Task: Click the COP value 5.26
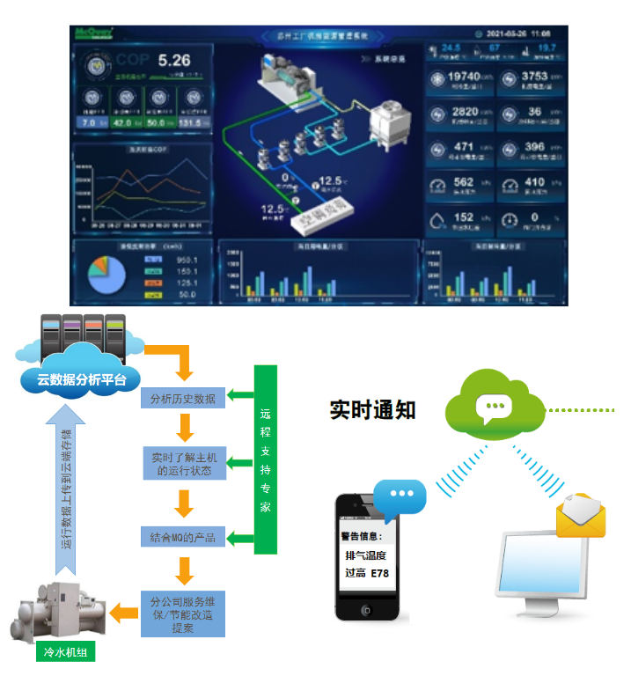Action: point(174,61)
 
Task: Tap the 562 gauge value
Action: point(463,183)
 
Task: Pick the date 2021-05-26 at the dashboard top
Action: point(511,33)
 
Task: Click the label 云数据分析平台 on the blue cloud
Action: point(82,380)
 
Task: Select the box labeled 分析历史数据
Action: point(183,397)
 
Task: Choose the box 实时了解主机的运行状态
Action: point(183,463)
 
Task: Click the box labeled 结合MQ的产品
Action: point(183,535)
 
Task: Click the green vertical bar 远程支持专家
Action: point(265,459)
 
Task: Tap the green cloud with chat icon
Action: point(492,404)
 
